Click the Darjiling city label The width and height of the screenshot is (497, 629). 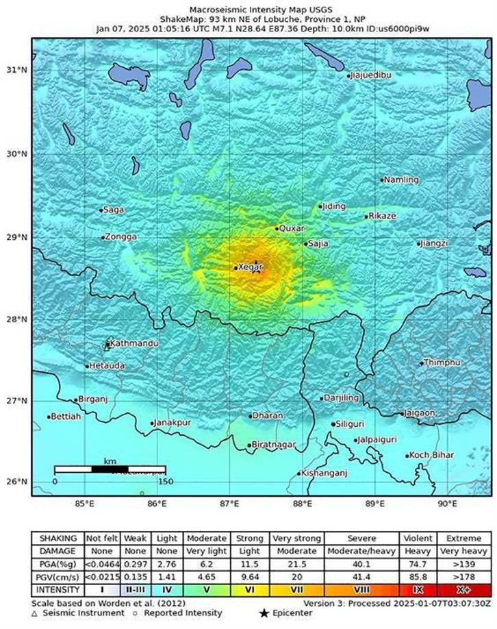(x=341, y=398)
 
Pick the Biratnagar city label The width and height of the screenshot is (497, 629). (x=274, y=445)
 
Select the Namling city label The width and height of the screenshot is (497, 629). (x=401, y=180)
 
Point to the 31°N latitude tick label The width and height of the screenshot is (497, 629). (x=16, y=70)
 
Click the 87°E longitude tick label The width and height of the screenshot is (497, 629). (x=229, y=504)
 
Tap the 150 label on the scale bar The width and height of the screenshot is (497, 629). (x=164, y=482)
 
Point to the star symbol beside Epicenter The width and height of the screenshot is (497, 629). (x=263, y=613)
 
